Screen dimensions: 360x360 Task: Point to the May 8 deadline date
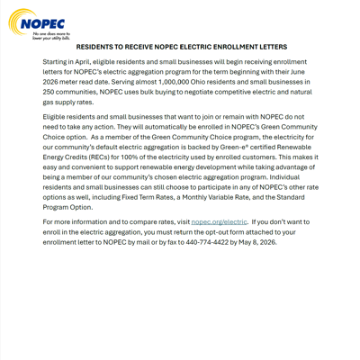(255, 242)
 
